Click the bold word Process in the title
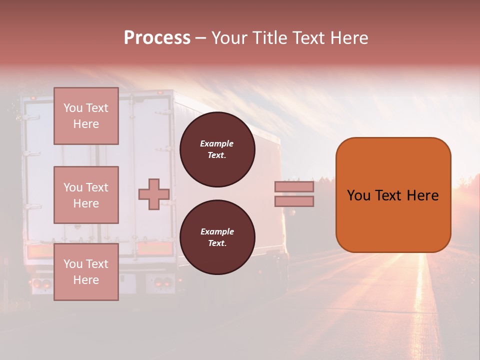click(157, 38)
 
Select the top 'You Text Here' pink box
click(86, 116)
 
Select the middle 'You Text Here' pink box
click(86, 195)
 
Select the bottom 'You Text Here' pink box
click(86, 272)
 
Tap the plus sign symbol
click(153, 194)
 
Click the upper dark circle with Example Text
click(217, 149)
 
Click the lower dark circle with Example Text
click(217, 237)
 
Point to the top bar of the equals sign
click(294, 187)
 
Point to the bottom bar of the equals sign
click(294, 201)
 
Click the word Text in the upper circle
click(216, 155)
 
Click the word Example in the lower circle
click(217, 231)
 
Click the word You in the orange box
click(358, 195)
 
